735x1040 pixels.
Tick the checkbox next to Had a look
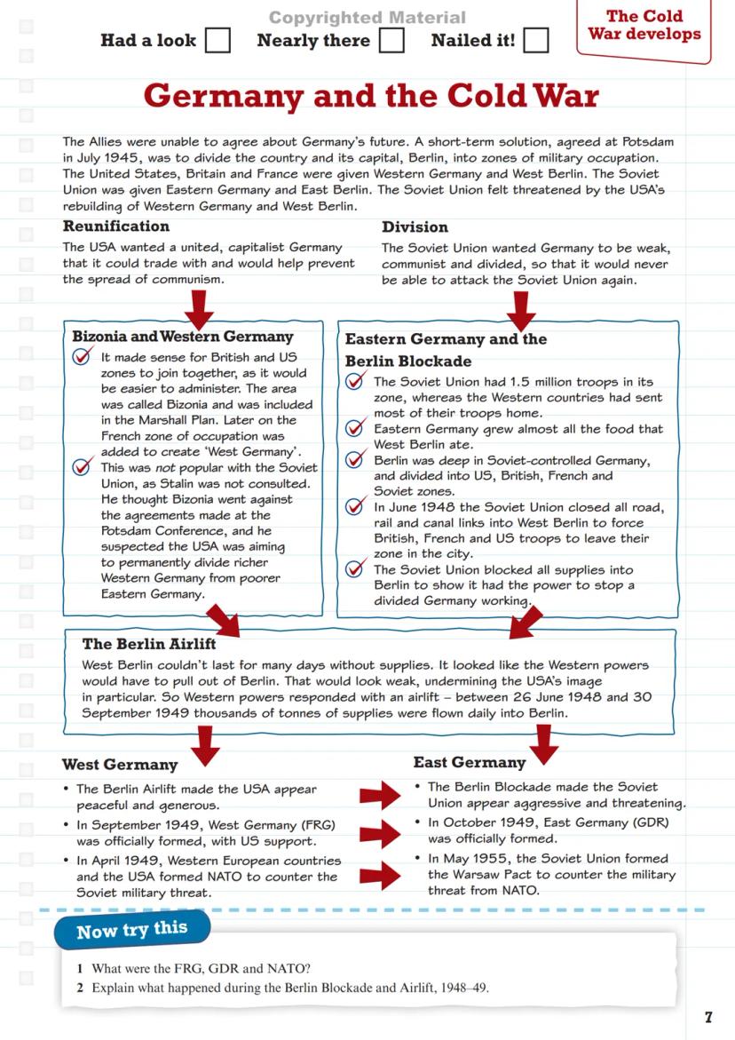click(217, 41)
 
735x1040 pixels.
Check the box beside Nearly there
click(391, 41)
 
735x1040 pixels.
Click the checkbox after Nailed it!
click(535, 41)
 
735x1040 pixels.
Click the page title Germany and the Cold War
click(371, 96)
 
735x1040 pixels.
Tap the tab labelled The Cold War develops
click(644, 26)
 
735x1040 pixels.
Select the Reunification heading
click(115, 226)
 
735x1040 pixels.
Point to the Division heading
click(415, 226)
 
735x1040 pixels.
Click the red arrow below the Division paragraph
click(521, 309)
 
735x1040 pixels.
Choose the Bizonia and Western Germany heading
click(182, 337)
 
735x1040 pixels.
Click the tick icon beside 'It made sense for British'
click(83, 356)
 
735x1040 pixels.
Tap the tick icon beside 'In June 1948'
click(357, 506)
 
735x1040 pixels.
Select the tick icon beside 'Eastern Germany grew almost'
click(357, 428)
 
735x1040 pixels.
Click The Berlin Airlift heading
click(149, 644)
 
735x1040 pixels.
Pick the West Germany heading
click(120, 765)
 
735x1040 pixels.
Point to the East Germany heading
click(470, 762)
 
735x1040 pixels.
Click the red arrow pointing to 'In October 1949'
click(381, 833)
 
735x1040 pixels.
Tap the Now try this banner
click(132, 931)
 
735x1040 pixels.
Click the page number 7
click(707, 1017)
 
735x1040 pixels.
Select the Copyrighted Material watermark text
click(367, 18)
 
